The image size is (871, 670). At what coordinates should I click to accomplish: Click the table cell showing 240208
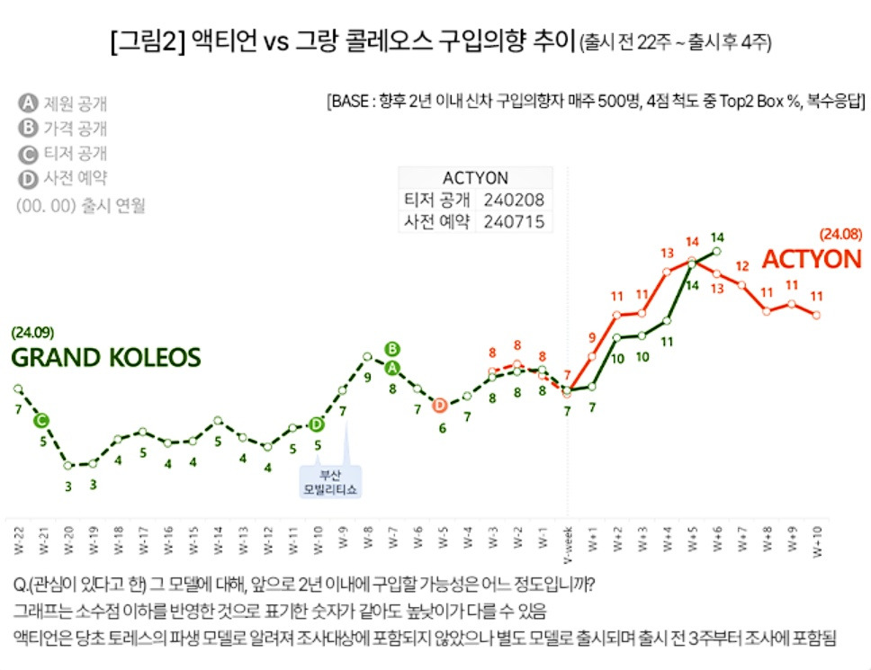(513, 200)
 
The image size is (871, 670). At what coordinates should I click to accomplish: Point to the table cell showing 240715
(513, 221)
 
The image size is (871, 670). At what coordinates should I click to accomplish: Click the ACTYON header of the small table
(475, 177)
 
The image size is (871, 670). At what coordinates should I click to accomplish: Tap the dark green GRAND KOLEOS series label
(105, 357)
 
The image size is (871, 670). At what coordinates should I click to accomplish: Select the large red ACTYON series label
(812, 260)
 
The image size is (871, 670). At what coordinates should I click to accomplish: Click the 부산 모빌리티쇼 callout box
(329, 482)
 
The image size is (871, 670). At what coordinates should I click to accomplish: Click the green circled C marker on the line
(41, 420)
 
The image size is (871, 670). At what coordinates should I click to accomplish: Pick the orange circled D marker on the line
(440, 406)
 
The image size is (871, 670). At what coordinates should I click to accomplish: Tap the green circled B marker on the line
(391, 348)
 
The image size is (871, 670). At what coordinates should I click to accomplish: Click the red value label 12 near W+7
(742, 266)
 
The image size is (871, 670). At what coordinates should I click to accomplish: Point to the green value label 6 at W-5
(442, 428)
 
